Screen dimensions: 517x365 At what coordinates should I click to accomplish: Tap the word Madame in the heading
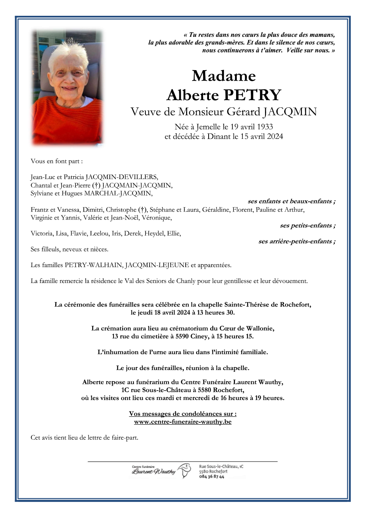pos(224,76)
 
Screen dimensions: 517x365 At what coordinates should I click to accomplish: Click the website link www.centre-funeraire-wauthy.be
pos(183,422)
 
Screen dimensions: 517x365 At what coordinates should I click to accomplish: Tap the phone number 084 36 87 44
pos(212,476)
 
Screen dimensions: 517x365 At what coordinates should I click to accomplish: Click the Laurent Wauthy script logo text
pos(153,471)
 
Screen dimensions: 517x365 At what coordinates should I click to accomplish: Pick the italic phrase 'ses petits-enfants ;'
pos(307,225)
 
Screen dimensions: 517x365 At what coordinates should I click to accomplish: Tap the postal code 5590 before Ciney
pos(182,336)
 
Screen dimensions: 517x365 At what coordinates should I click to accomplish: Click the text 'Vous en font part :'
pos(57,161)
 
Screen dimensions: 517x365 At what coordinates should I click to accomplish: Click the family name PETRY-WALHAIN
pos(94,265)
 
